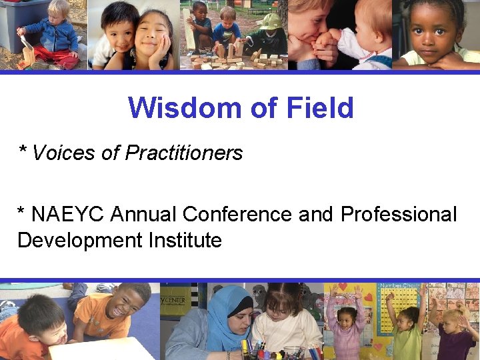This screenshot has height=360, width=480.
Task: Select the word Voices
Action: pos(64,153)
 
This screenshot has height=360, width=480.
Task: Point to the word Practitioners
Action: pos(184,153)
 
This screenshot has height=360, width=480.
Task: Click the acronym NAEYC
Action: pos(69,215)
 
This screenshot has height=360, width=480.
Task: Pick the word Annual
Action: pos(145,215)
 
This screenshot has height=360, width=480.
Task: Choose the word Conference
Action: pos(237,215)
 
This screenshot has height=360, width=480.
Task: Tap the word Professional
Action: pos(399,215)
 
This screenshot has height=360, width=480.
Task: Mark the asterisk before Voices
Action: pos(23,151)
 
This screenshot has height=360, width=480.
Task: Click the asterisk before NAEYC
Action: pos(22,213)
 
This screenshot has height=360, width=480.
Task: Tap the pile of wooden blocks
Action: pos(220,57)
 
